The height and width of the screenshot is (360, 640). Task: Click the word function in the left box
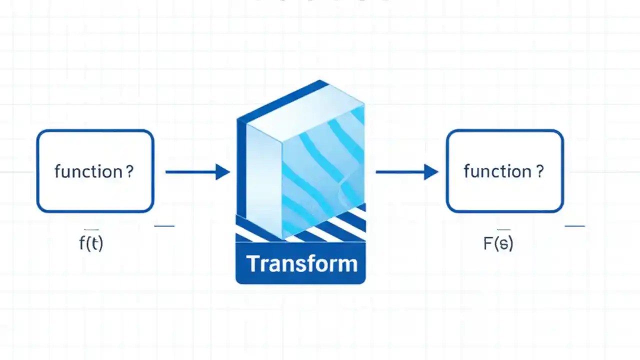tap(87, 171)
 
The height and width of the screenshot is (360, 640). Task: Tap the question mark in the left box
tap(129, 171)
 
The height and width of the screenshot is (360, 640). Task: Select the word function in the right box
tap(497, 171)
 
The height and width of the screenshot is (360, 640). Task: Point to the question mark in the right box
tap(539, 171)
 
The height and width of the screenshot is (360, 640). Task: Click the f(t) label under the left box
tap(91, 243)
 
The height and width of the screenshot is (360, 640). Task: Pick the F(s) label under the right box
tap(498, 243)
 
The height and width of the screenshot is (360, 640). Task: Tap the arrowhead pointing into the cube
tap(222, 172)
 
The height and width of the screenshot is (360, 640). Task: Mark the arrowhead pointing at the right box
tap(431, 172)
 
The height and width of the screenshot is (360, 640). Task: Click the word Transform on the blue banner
tap(301, 263)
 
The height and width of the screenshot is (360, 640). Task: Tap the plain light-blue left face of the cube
tap(264, 180)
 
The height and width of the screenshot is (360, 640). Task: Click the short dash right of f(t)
tap(164, 226)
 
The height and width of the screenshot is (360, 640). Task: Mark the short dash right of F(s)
tap(574, 226)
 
